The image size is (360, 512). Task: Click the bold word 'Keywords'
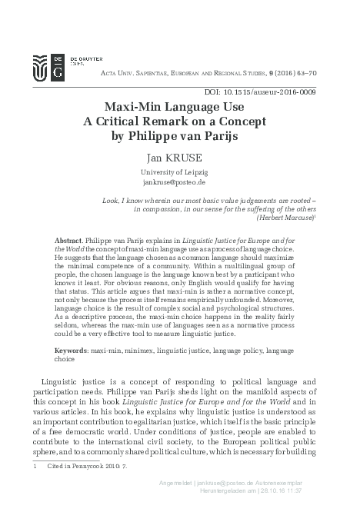74,350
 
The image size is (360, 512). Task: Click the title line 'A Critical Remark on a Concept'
180,122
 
